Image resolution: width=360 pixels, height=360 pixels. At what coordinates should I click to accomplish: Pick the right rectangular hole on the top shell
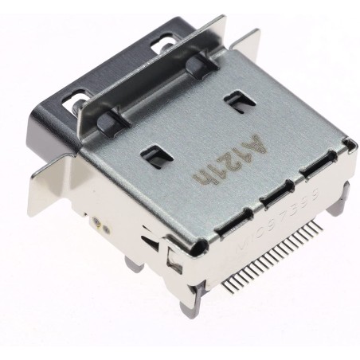pyautogui.click(x=235, y=101)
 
